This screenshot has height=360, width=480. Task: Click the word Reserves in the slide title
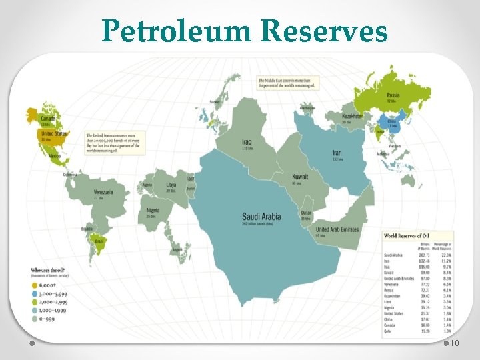(325, 31)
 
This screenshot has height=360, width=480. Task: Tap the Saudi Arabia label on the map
(261, 216)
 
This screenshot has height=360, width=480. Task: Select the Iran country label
(337, 153)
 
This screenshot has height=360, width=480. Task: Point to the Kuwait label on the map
(300, 178)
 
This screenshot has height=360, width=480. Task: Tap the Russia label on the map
(393, 95)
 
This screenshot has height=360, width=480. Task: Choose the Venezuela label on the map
(103, 192)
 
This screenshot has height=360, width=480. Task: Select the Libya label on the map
(171, 185)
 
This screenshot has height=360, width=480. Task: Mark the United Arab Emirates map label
(337, 229)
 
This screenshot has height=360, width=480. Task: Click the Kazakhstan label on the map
(353, 116)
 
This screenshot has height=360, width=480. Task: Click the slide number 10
(455, 343)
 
